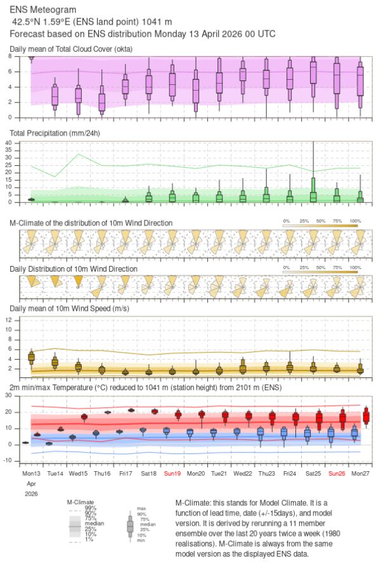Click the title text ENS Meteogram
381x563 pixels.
click(x=44, y=10)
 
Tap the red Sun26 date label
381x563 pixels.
click(x=336, y=473)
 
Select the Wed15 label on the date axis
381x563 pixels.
click(x=78, y=473)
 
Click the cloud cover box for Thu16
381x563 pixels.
click(x=101, y=101)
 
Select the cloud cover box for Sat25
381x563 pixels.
click(x=313, y=73)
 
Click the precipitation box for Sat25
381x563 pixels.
click(x=313, y=196)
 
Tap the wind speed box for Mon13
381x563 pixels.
click(x=31, y=358)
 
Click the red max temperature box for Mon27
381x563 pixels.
click(x=366, y=417)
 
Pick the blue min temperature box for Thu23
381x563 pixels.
click(x=261, y=433)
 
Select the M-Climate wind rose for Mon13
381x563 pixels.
click(x=31, y=241)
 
